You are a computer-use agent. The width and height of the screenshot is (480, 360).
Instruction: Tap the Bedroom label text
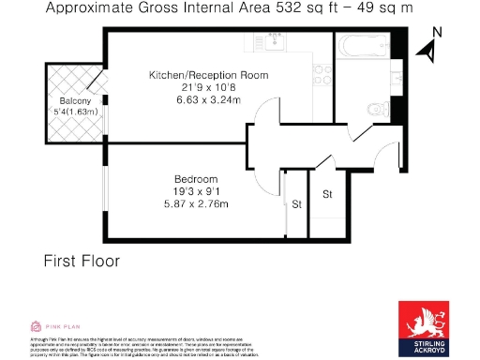(196, 179)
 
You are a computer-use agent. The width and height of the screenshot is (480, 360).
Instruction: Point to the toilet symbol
(377, 109)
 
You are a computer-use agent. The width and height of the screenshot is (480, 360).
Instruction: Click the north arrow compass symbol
(431, 52)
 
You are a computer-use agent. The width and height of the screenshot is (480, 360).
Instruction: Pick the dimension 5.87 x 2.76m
(196, 205)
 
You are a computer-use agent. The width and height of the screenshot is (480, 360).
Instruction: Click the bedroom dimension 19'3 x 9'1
(196, 192)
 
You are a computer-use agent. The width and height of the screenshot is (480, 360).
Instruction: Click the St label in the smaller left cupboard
(296, 202)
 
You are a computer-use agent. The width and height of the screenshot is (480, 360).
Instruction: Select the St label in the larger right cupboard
(327, 194)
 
